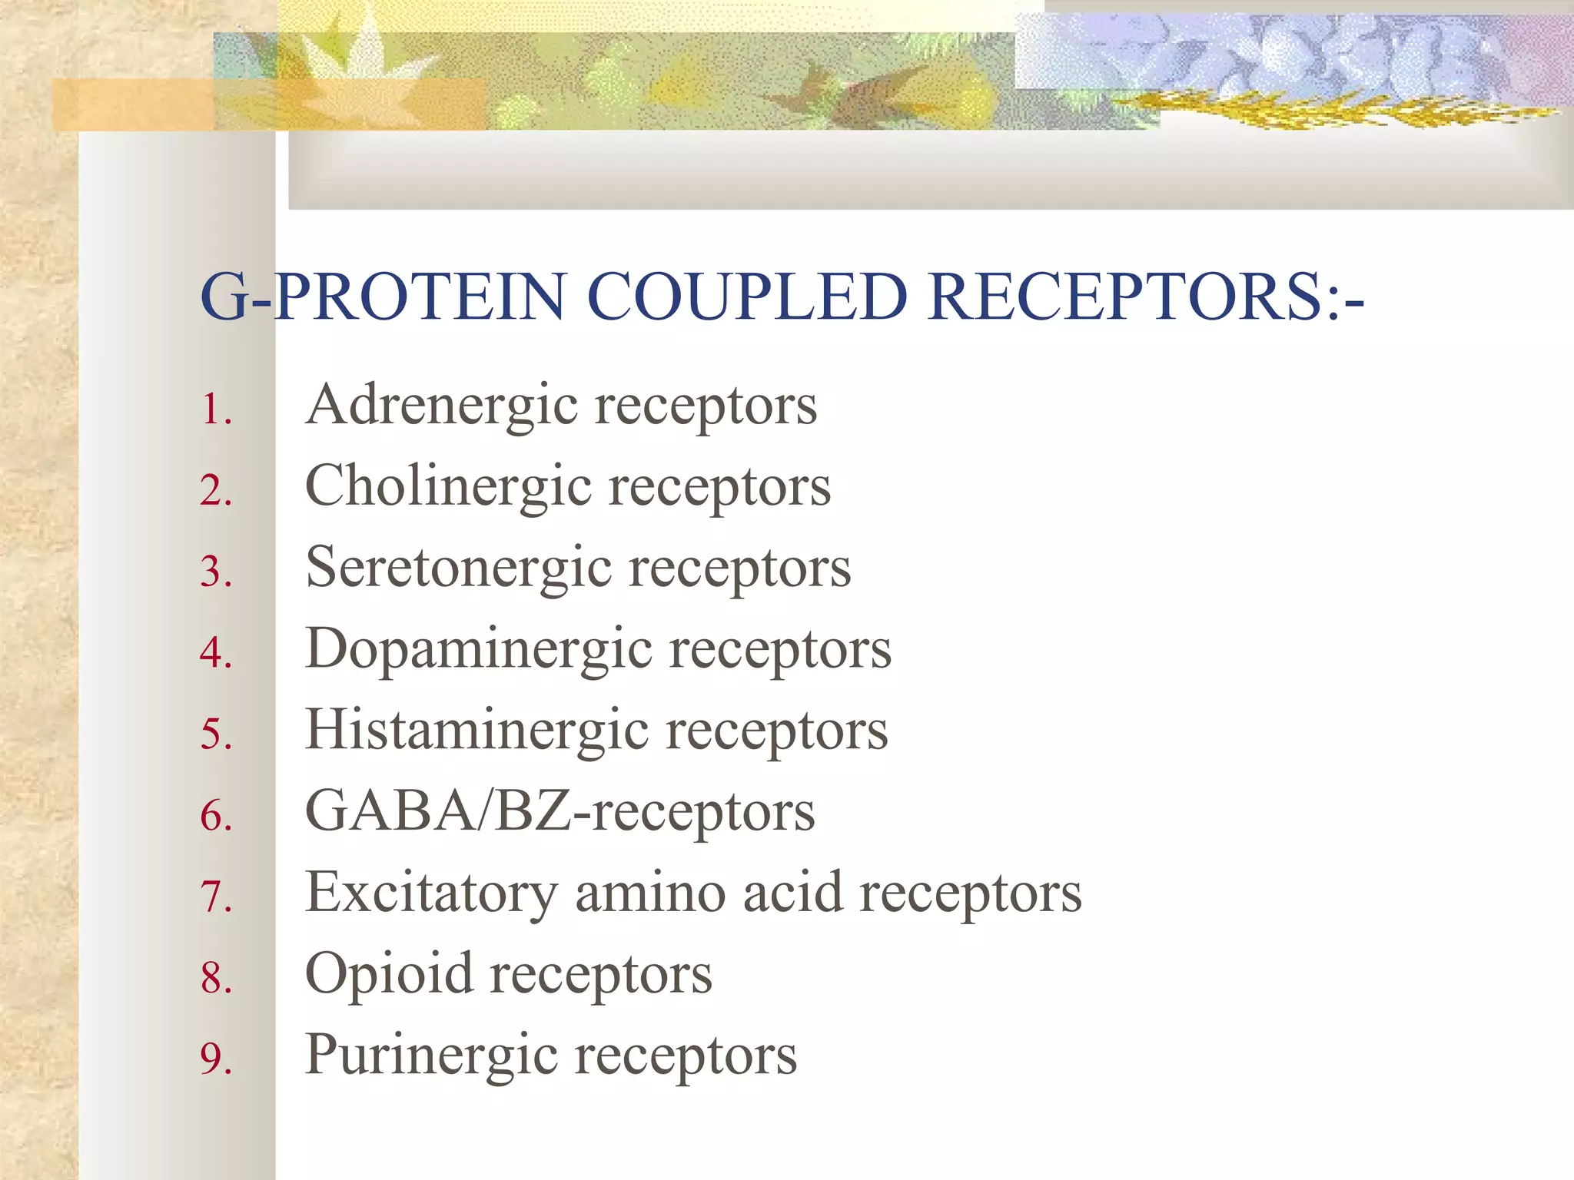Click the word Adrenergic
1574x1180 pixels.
coord(442,406)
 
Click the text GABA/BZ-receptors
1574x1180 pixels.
coord(560,812)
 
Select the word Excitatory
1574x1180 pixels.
coord(431,893)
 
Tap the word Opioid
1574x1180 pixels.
coord(389,974)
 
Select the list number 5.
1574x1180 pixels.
coord(214,734)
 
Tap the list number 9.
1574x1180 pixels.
coord(214,1059)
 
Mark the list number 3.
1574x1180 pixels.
coord(214,572)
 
